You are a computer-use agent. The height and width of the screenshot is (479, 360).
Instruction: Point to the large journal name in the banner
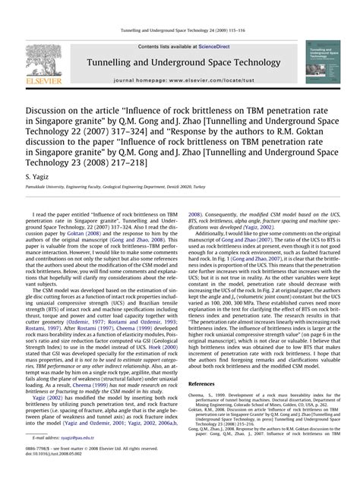tap(179, 68)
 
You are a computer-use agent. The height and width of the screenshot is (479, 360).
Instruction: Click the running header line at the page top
tap(179, 30)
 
